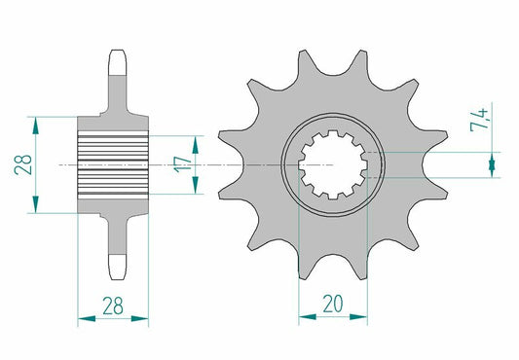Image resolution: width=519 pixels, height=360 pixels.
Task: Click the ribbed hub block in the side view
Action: [113, 165]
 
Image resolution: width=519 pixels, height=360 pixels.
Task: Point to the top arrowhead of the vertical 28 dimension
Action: [38, 123]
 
